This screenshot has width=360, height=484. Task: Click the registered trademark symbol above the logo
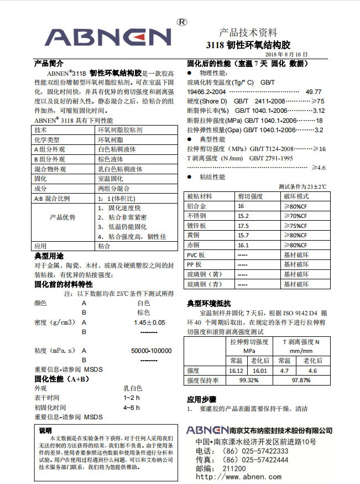[181, 22]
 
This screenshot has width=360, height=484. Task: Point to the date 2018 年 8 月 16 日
[286, 54]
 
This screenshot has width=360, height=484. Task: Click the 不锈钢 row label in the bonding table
[196, 216]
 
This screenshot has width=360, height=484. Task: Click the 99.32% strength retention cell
[249, 381]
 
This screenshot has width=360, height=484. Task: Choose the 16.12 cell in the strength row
[236, 371]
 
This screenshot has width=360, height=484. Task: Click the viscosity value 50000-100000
[151, 351]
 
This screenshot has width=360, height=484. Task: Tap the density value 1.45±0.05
[149, 322]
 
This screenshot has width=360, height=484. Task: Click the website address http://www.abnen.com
[238, 477]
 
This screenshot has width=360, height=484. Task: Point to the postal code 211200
[234, 469]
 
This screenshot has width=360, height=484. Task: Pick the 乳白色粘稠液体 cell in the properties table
[120, 169]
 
